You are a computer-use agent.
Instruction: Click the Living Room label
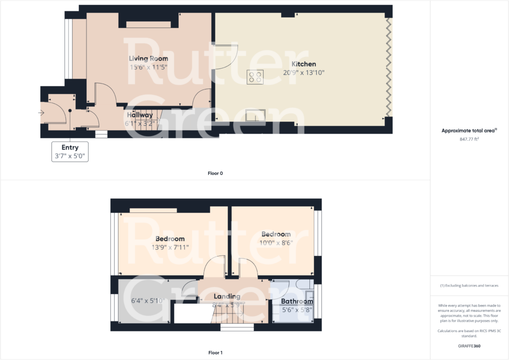[148, 58]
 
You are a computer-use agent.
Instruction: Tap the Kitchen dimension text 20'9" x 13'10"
[304, 72]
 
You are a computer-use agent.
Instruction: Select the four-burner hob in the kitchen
[255, 76]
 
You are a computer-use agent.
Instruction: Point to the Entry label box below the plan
[70, 151]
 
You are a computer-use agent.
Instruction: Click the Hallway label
[139, 115]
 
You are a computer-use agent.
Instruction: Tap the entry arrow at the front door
[41, 113]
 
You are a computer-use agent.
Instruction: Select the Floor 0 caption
[215, 173]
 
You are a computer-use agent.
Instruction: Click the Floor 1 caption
[215, 352]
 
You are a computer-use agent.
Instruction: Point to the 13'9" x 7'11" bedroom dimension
[170, 247]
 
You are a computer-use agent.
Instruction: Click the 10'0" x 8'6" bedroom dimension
[276, 242]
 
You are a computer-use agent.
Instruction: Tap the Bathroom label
[297, 301]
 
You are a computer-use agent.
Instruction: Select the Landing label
[227, 296]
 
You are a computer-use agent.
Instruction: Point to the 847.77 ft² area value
[469, 139]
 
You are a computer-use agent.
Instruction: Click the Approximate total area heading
[469, 130]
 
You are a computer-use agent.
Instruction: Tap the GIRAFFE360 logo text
[469, 345]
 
